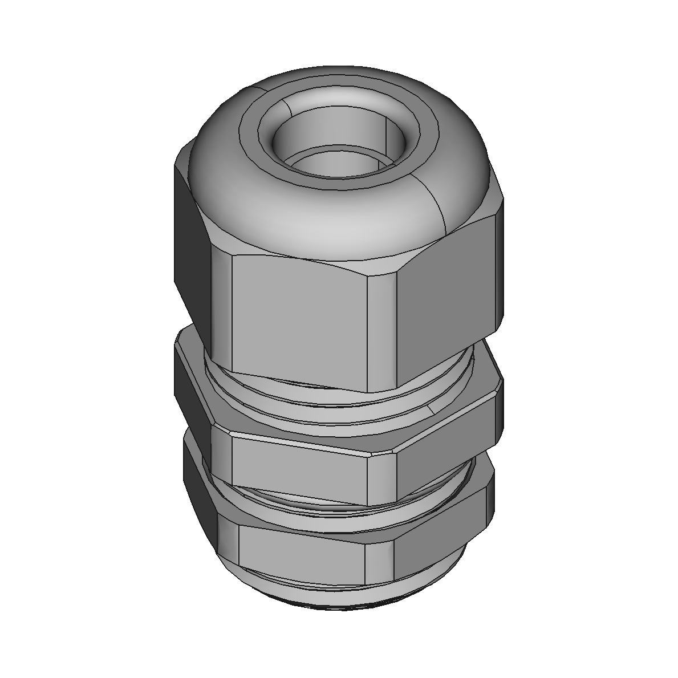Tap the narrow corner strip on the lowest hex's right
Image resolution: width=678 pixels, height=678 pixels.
tap(379, 562)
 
